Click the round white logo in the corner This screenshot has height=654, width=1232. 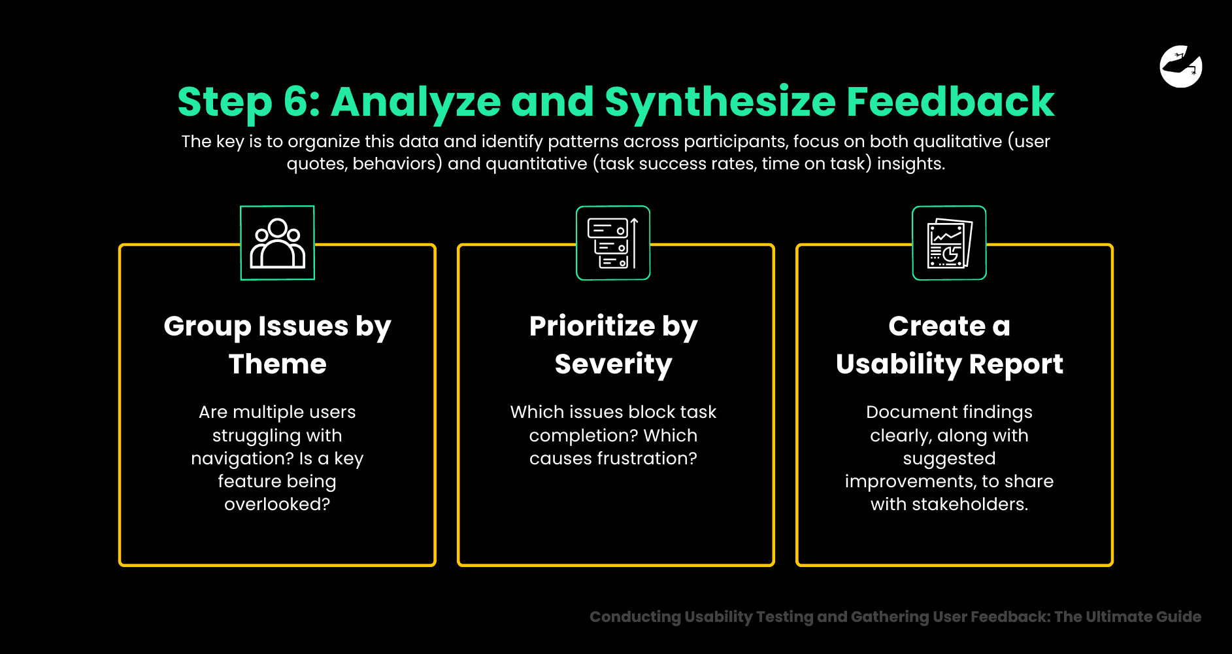point(1181,66)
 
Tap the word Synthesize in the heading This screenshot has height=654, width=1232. point(720,103)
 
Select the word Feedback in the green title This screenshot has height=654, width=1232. point(950,102)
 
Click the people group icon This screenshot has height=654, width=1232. point(278,243)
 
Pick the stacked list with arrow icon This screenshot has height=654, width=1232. point(613,243)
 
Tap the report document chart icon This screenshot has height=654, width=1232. point(949,243)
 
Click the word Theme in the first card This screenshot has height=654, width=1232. point(277,364)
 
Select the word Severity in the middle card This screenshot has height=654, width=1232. point(613,364)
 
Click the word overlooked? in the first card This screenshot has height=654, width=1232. point(277,504)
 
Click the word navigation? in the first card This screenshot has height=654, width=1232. point(242,458)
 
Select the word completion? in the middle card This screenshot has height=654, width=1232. point(583,436)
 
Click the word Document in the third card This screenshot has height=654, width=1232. point(905,412)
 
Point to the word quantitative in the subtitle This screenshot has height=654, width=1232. point(536,163)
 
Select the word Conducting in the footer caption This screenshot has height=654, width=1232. point(635,617)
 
